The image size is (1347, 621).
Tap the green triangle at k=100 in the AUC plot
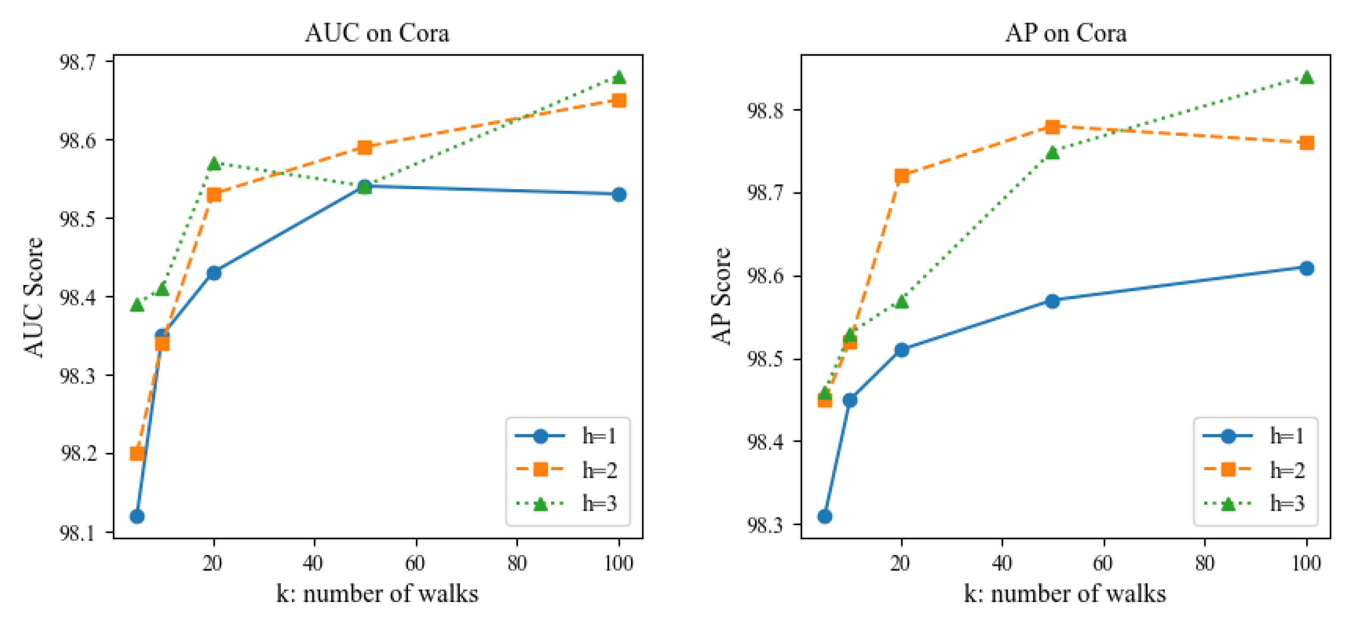click(x=619, y=78)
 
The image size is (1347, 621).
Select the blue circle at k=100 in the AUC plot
click(x=619, y=195)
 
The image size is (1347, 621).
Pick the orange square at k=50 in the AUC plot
click(x=365, y=147)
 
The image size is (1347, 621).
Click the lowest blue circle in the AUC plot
click(x=137, y=517)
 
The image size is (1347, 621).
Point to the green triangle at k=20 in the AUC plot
click(x=214, y=164)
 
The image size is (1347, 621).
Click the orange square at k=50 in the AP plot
click(x=1052, y=127)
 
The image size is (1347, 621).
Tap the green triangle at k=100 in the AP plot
click(x=1306, y=78)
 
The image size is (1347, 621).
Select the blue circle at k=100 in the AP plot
click(x=1306, y=268)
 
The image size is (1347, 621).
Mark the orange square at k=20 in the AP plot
click(x=901, y=175)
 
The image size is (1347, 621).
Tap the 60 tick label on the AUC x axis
click(x=416, y=563)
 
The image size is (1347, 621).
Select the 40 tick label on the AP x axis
click(x=1002, y=563)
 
